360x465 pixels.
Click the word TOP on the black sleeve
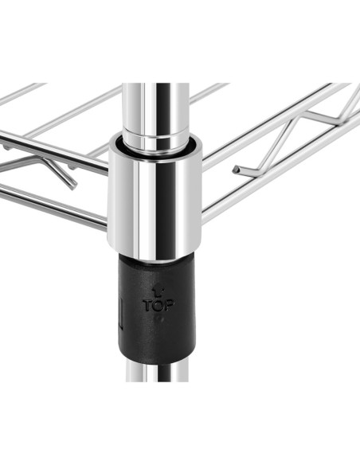[x=158, y=305]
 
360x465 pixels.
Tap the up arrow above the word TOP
[x=157, y=291]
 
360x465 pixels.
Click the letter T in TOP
[x=148, y=305]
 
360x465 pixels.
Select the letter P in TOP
[x=169, y=305]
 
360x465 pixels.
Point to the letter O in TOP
[x=158, y=306]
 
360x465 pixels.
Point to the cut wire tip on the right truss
[x=237, y=170]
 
